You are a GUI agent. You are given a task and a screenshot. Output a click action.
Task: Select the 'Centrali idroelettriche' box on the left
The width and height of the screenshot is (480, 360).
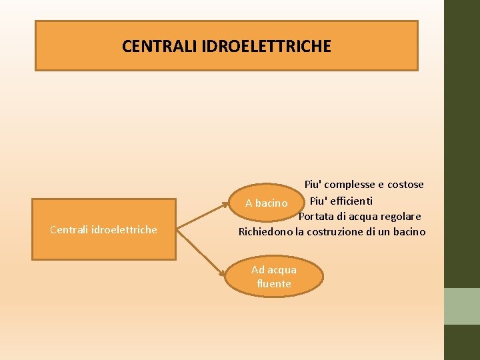coord(104,229)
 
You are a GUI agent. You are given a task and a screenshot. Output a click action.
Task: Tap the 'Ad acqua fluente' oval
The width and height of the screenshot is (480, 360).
coord(273,277)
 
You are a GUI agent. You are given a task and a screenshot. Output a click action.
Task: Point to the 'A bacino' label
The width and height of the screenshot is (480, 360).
coord(266,203)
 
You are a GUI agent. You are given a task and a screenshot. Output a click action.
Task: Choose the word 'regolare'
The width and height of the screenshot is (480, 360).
coord(400,216)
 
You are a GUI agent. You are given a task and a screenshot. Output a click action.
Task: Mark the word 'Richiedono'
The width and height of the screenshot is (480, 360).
coord(266,232)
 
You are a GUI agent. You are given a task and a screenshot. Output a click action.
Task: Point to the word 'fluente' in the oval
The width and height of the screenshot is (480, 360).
coord(273,283)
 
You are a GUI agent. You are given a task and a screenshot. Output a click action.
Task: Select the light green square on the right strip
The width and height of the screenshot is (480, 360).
coord(462,306)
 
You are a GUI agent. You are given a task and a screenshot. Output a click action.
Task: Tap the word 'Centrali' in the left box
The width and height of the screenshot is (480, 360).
coord(69,229)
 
